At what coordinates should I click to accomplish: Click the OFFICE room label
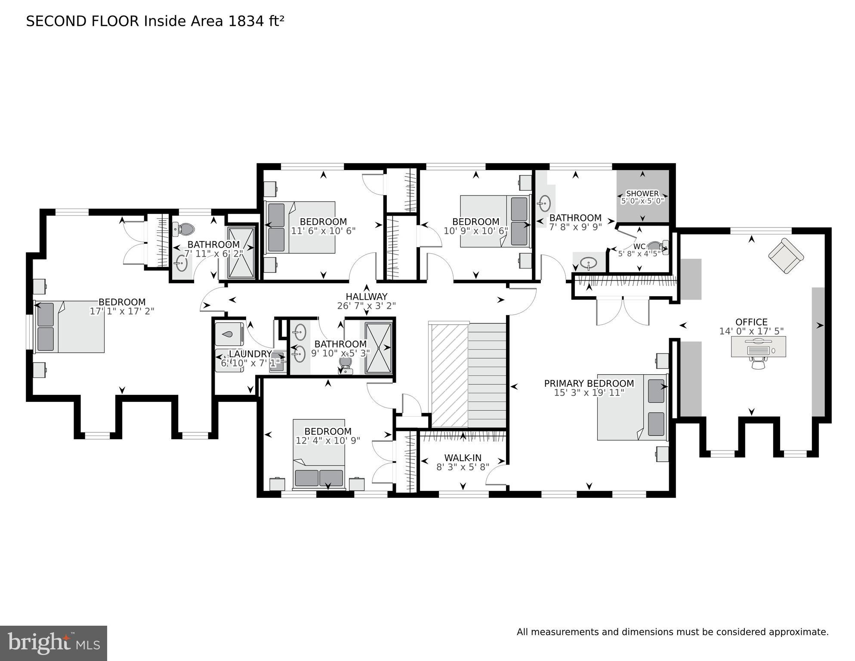pyautogui.click(x=751, y=322)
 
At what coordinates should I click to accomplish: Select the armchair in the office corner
pyautogui.click(x=786, y=256)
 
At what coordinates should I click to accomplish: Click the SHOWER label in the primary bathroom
pyautogui.click(x=642, y=194)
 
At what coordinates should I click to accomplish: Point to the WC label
pyautogui.click(x=639, y=247)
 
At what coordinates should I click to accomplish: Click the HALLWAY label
pyautogui.click(x=366, y=297)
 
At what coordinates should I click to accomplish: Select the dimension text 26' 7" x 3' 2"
pyautogui.click(x=366, y=306)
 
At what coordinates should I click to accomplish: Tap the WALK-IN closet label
pyautogui.click(x=463, y=458)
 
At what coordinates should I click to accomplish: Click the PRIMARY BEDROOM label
pyautogui.click(x=589, y=384)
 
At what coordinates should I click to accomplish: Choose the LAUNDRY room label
pyautogui.click(x=250, y=354)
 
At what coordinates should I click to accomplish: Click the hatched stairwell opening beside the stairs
pyautogui.click(x=449, y=376)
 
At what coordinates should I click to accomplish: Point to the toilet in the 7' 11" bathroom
pyautogui.click(x=184, y=229)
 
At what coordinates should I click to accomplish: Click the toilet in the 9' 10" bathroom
pyautogui.click(x=345, y=365)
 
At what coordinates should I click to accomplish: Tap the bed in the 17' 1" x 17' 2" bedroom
pyautogui.click(x=70, y=327)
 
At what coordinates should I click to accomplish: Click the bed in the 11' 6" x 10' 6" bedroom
pyautogui.click(x=300, y=227)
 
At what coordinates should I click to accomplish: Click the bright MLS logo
pyautogui.click(x=53, y=643)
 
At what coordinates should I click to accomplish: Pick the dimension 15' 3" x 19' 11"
pyautogui.click(x=589, y=393)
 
